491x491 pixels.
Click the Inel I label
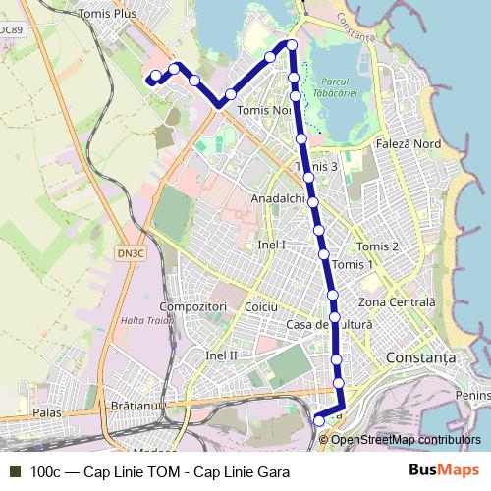[271, 244]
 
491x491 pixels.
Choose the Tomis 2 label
[378, 246]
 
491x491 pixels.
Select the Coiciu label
[261, 307]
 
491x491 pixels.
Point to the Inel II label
[223, 354]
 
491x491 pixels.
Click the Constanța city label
[422, 358]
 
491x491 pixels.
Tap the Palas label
[47, 413]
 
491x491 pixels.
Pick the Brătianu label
[136, 405]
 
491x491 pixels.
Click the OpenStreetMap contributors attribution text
[407, 439]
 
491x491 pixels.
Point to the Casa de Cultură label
[329, 324]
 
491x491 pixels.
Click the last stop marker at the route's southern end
[318, 421]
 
